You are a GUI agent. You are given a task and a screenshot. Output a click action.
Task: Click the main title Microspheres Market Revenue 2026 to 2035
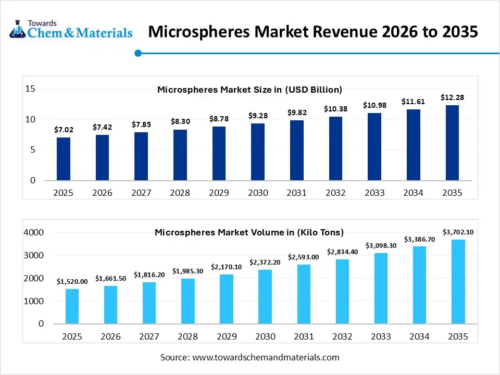click(x=312, y=32)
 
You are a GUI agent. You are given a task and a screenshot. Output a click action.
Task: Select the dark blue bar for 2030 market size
click(x=258, y=152)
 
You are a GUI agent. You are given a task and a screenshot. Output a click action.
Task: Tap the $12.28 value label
click(x=452, y=97)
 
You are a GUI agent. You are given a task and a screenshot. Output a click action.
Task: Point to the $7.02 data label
click(x=64, y=130)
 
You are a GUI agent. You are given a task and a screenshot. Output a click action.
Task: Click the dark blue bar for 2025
click(x=64, y=159)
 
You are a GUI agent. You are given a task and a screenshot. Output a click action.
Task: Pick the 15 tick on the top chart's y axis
click(x=30, y=89)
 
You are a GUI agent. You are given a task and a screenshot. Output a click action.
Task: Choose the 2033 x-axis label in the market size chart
click(x=374, y=193)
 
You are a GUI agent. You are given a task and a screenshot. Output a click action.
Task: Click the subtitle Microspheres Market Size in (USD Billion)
click(x=249, y=90)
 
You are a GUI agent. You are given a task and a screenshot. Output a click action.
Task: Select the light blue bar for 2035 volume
click(x=458, y=281)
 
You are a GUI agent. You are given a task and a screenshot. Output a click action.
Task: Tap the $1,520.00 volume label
click(x=72, y=281)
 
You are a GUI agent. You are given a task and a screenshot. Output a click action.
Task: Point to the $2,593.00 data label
click(x=304, y=257)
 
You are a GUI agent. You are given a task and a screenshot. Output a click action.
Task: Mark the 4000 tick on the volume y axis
click(x=34, y=232)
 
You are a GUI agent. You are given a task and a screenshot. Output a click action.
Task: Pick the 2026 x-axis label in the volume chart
click(x=110, y=337)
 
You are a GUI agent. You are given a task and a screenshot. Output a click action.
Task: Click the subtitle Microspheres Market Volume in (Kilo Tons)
click(x=249, y=232)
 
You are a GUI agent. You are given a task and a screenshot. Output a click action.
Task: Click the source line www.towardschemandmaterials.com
click(x=249, y=357)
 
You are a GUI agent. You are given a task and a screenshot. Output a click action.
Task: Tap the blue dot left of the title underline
click(x=138, y=53)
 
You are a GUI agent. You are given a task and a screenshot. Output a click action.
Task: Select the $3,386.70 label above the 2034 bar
click(x=419, y=239)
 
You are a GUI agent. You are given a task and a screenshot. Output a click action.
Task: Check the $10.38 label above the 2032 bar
click(x=335, y=109)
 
